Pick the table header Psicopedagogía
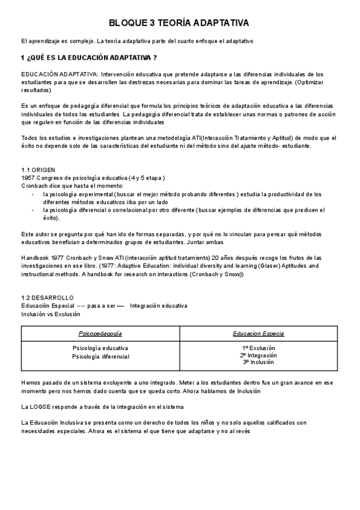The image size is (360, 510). click(100, 333)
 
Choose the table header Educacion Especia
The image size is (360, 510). click(258, 333)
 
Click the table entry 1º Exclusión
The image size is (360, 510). click(258, 348)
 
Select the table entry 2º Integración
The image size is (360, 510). click(258, 355)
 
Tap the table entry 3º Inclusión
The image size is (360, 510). click(258, 363)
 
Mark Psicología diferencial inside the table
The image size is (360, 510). click(100, 357)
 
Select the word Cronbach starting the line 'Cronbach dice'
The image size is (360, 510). click(35, 186)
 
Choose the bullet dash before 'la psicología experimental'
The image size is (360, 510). click(32, 194)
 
